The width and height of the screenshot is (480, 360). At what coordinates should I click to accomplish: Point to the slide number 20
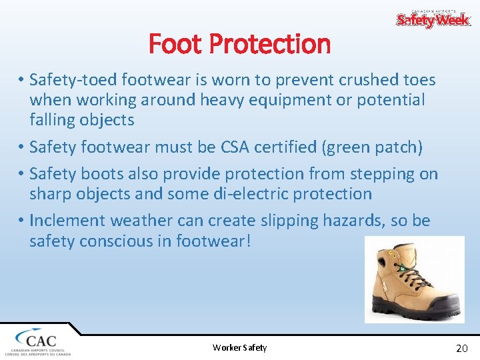(x=461, y=348)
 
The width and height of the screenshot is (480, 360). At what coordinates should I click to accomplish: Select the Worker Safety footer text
(x=239, y=347)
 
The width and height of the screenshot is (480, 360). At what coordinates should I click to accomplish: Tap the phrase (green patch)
(x=372, y=147)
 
